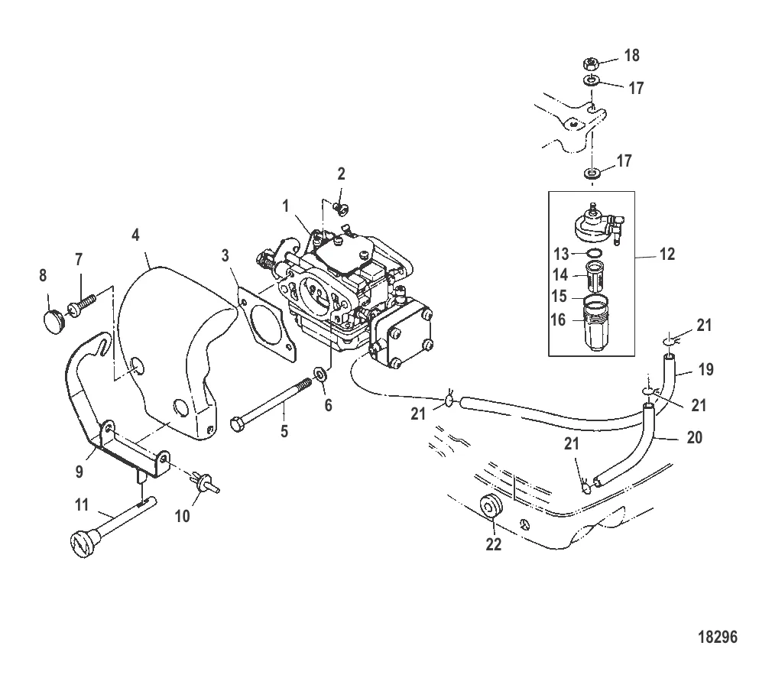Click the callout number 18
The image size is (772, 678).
(631, 56)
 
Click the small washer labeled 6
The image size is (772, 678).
(320, 376)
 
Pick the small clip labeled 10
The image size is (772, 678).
(204, 478)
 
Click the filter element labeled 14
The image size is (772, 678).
(592, 272)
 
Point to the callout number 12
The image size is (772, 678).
(667, 254)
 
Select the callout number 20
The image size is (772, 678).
(695, 438)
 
